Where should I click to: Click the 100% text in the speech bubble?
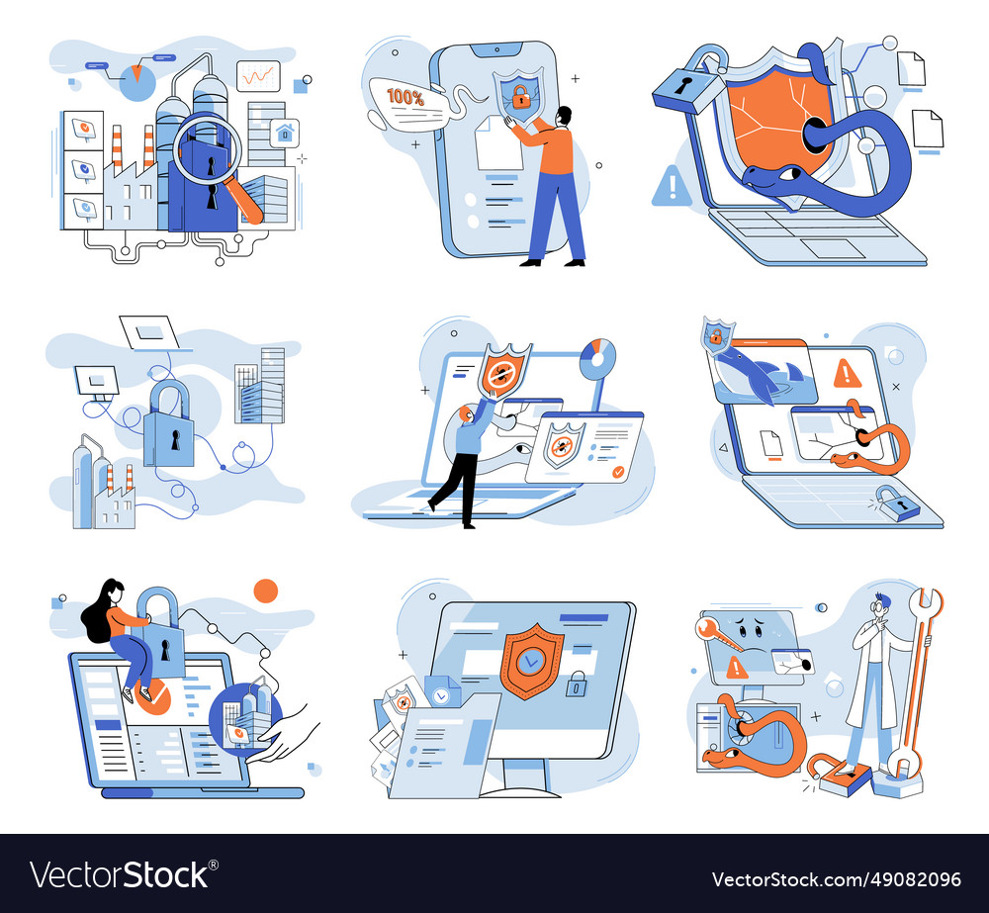click(x=405, y=98)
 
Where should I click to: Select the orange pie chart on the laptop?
click(x=597, y=356)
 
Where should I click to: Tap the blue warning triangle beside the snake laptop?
click(x=672, y=185)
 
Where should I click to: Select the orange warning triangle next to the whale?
click(x=847, y=373)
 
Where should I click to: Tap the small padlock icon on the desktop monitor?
click(x=576, y=683)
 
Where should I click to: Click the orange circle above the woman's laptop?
click(x=266, y=592)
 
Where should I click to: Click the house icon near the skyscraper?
click(x=285, y=132)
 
